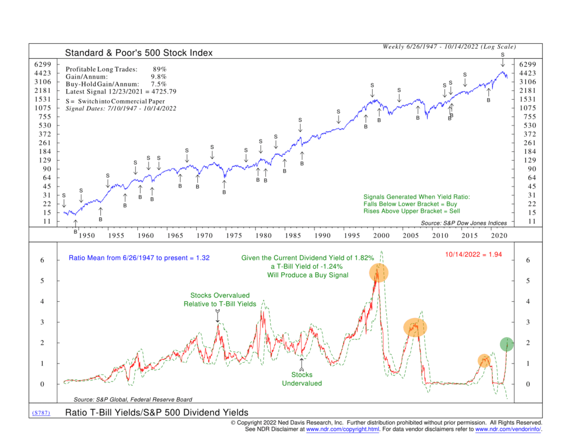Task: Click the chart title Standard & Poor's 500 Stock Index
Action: pos(139,53)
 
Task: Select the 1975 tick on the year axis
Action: pos(234,236)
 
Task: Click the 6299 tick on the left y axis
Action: pos(43,64)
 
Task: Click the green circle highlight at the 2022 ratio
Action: pos(507,344)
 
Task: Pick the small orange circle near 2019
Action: pos(484,361)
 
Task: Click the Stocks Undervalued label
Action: pos(302,379)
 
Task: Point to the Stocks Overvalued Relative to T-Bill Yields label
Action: pos(220,299)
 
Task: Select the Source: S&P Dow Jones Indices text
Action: pos(462,223)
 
